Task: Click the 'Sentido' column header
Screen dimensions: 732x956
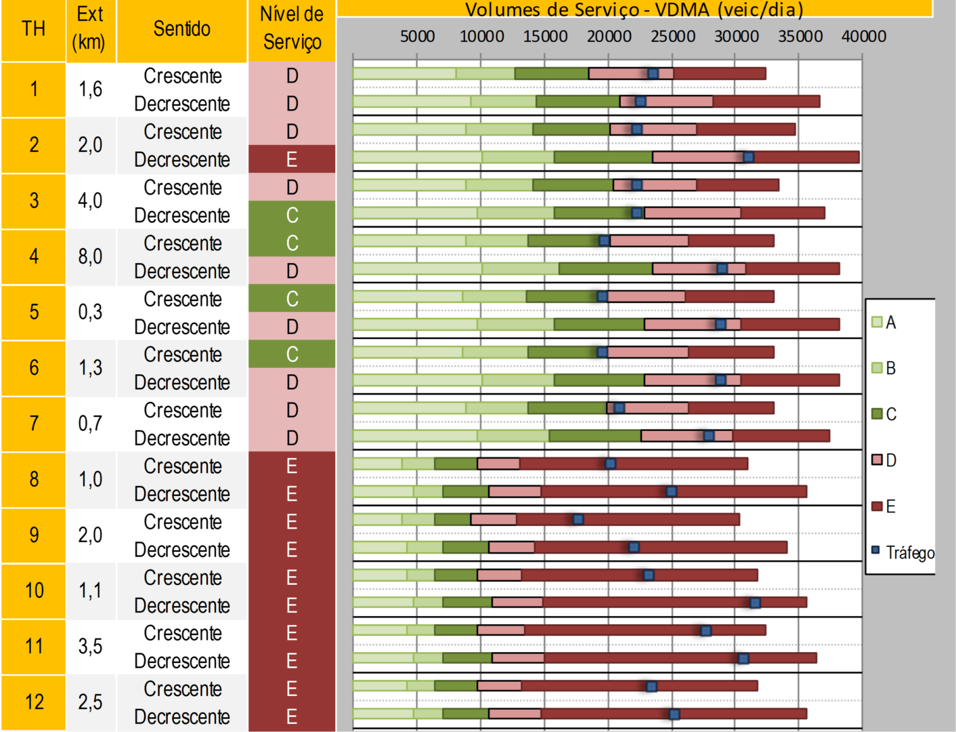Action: coord(181,28)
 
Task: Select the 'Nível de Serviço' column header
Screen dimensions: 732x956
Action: coord(292,28)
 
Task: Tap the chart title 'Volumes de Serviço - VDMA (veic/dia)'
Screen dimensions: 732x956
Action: coord(634,9)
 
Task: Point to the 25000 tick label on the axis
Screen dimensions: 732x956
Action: coord(672,37)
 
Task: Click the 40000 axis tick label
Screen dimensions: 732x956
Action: coord(863,37)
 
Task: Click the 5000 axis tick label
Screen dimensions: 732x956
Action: coord(417,37)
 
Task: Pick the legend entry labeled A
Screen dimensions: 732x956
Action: coord(884,322)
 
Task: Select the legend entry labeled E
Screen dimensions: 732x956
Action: coord(884,506)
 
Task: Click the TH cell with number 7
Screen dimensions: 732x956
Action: coord(34,424)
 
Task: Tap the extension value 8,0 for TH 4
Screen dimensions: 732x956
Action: coord(90,256)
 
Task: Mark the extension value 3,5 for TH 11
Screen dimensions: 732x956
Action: coord(90,646)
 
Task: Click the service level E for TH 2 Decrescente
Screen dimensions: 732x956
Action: coord(292,159)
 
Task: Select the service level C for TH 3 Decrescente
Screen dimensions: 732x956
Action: coord(292,215)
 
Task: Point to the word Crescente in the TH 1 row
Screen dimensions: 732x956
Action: coord(182,76)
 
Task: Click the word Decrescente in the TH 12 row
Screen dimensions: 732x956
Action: coord(182,716)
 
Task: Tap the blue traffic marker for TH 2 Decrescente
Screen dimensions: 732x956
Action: coord(748,157)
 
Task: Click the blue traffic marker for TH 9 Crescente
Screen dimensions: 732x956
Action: coord(578,519)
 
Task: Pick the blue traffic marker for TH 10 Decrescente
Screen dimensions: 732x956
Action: coord(755,603)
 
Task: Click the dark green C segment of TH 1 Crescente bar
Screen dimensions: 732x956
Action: coord(551,73)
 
